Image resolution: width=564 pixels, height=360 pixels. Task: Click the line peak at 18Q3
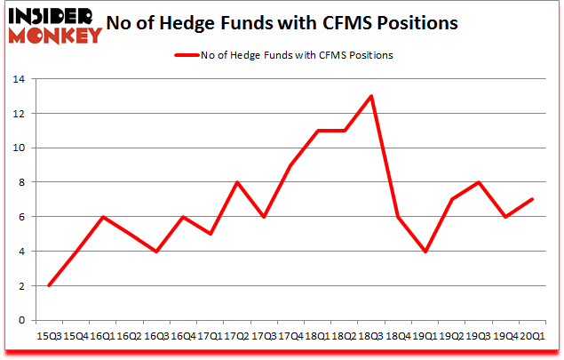pyautogui.click(x=371, y=96)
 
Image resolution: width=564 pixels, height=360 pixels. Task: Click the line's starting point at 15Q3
pyautogui.click(x=49, y=285)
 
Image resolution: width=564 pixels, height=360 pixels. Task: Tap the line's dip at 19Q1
pyautogui.click(x=425, y=252)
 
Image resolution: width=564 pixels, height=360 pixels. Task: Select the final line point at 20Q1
pyautogui.click(x=533, y=200)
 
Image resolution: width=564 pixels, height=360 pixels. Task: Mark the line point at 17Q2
pyautogui.click(x=237, y=182)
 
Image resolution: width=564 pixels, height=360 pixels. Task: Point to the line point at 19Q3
pyautogui.click(x=479, y=182)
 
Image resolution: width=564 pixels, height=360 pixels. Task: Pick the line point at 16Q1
pyautogui.click(x=103, y=217)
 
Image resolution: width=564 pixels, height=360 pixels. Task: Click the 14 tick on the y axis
pyautogui.click(x=20, y=79)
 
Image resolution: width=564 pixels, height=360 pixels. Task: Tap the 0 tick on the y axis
pyautogui.click(x=23, y=320)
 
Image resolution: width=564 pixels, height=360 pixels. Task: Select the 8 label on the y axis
pyautogui.click(x=23, y=182)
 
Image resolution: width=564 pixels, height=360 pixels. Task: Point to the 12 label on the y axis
pyautogui.click(x=20, y=114)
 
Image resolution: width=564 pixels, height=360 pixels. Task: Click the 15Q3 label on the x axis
pyautogui.click(x=49, y=335)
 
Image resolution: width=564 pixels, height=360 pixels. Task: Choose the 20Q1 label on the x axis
pyautogui.click(x=533, y=335)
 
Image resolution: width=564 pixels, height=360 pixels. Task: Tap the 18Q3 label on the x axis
pyautogui.click(x=371, y=335)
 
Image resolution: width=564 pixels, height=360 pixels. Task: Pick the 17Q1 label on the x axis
pyautogui.click(x=211, y=335)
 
